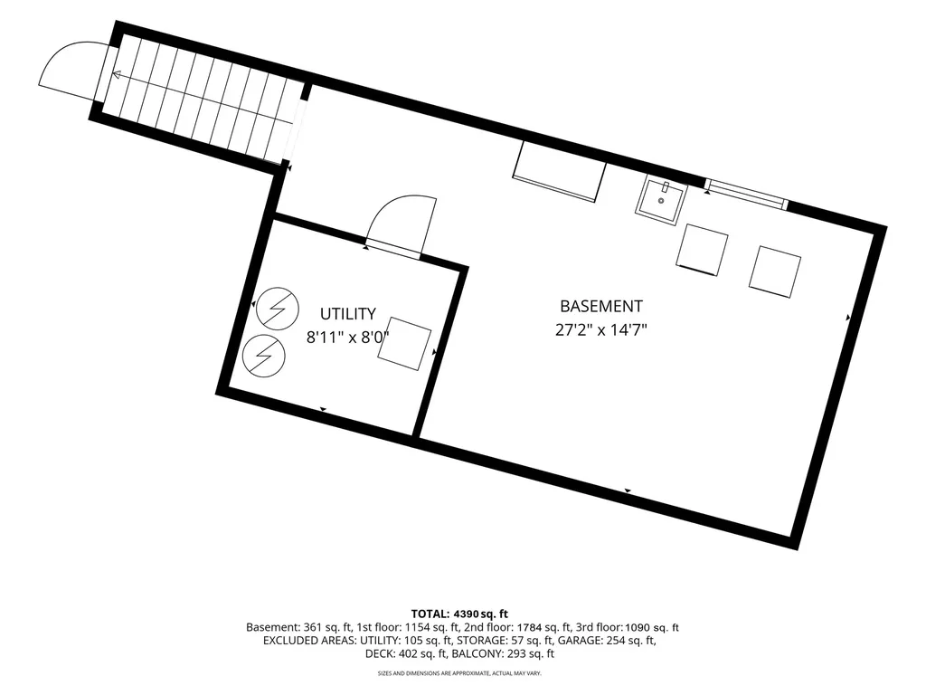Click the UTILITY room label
click(x=348, y=313)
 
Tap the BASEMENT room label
click(x=601, y=306)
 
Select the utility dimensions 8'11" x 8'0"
click(x=348, y=338)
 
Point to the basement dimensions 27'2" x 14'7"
click(x=601, y=329)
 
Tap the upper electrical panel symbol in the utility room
click(x=277, y=308)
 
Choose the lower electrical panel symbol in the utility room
click(x=264, y=356)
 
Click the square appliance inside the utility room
click(x=404, y=344)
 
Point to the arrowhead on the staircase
click(x=117, y=75)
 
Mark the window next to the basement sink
click(x=746, y=194)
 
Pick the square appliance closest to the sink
click(x=702, y=249)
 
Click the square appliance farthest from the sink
click(x=775, y=271)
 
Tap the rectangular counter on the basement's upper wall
click(x=559, y=171)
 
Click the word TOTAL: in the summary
click(x=430, y=614)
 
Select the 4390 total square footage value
click(x=467, y=614)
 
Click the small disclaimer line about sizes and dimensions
click(x=459, y=673)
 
